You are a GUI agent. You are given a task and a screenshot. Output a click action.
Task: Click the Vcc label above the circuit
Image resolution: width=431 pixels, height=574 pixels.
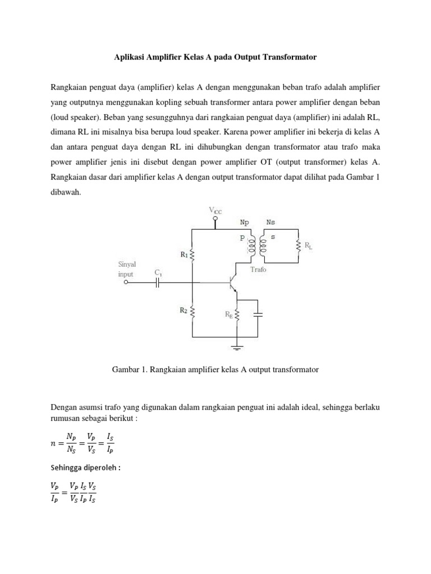pyautogui.click(x=215, y=211)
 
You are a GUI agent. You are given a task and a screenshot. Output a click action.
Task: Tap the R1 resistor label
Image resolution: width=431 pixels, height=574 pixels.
pyautogui.click(x=184, y=254)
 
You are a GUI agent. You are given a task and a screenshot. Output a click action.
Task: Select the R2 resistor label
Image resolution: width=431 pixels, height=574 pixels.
pyautogui.click(x=184, y=309)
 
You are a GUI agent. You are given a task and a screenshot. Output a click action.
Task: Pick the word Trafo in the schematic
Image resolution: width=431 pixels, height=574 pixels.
pyautogui.click(x=258, y=270)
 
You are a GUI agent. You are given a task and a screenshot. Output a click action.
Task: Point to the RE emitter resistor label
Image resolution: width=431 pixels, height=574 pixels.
pyautogui.click(x=229, y=315)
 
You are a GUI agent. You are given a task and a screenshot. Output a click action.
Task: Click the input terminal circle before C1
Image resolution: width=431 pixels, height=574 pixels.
pyautogui.click(x=127, y=283)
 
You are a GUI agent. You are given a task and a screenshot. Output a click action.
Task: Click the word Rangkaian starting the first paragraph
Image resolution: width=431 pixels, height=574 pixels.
pyautogui.click(x=70, y=89)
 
